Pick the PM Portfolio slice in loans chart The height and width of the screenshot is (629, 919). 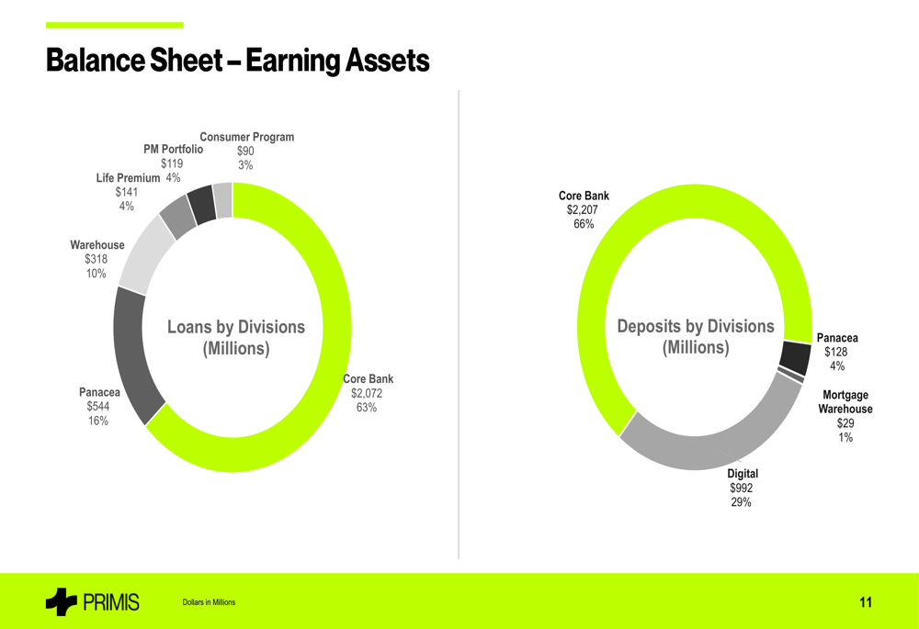pyautogui.click(x=201, y=204)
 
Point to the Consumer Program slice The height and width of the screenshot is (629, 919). pyautogui.click(x=222, y=199)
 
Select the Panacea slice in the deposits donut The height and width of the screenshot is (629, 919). pyautogui.click(x=794, y=355)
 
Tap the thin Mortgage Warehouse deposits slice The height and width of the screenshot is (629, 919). pyautogui.click(x=790, y=374)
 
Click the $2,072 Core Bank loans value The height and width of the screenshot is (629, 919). pyautogui.click(x=367, y=393)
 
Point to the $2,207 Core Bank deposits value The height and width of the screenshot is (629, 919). pyautogui.click(x=584, y=210)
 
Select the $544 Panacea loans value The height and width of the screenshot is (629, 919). pyautogui.click(x=97, y=407)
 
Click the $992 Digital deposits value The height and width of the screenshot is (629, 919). pyautogui.click(x=741, y=488)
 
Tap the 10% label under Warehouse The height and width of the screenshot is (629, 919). pyautogui.click(x=96, y=274)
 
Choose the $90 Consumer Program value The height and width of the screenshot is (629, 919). pyautogui.click(x=245, y=152)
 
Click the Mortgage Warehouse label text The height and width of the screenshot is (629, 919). pyautogui.click(x=845, y=402)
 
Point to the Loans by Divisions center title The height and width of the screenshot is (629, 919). pyautogui.click(x=235, y=337)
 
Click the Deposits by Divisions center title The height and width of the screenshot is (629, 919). pyautogui.click(x=696, y=337)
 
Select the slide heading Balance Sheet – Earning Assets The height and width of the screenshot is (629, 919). pyautogui.click(x=237, y=61)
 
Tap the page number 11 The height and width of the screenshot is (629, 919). pyautogui.click(x=866, y=602)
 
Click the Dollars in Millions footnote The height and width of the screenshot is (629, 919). pyautogui.click(x=209, y=602)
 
